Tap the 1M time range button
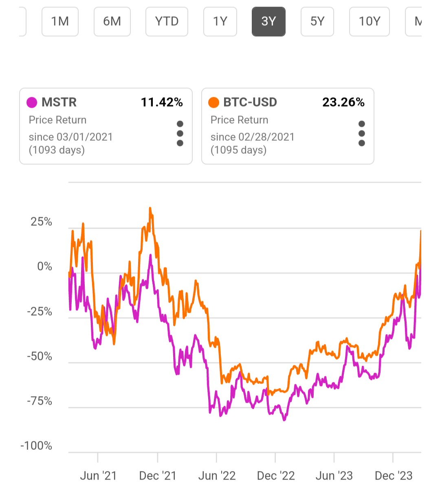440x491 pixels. point(60,21)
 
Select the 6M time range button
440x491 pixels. point(112,21)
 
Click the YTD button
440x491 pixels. point(167,21)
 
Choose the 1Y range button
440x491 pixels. point(220,21)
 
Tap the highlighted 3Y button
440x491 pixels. point(268,21)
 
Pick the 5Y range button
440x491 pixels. point(317,21)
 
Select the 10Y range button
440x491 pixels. point(369,21)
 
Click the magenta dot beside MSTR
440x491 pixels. point(32,103)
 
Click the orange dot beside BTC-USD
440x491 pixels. point(213,103)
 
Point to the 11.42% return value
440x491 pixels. point(162,103)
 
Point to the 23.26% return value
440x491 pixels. point(343,103)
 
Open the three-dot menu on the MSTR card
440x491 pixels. point(180,133)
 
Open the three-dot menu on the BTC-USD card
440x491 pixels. point(362,133)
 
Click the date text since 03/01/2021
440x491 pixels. point(70,137)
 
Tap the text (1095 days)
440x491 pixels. point(238,150)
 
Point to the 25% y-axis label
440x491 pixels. point(41,222)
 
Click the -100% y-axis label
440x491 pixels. point(36,445)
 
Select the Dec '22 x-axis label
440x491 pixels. point(276,476)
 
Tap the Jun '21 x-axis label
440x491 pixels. point(98,476)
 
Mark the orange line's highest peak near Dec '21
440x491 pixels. point(150,208)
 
